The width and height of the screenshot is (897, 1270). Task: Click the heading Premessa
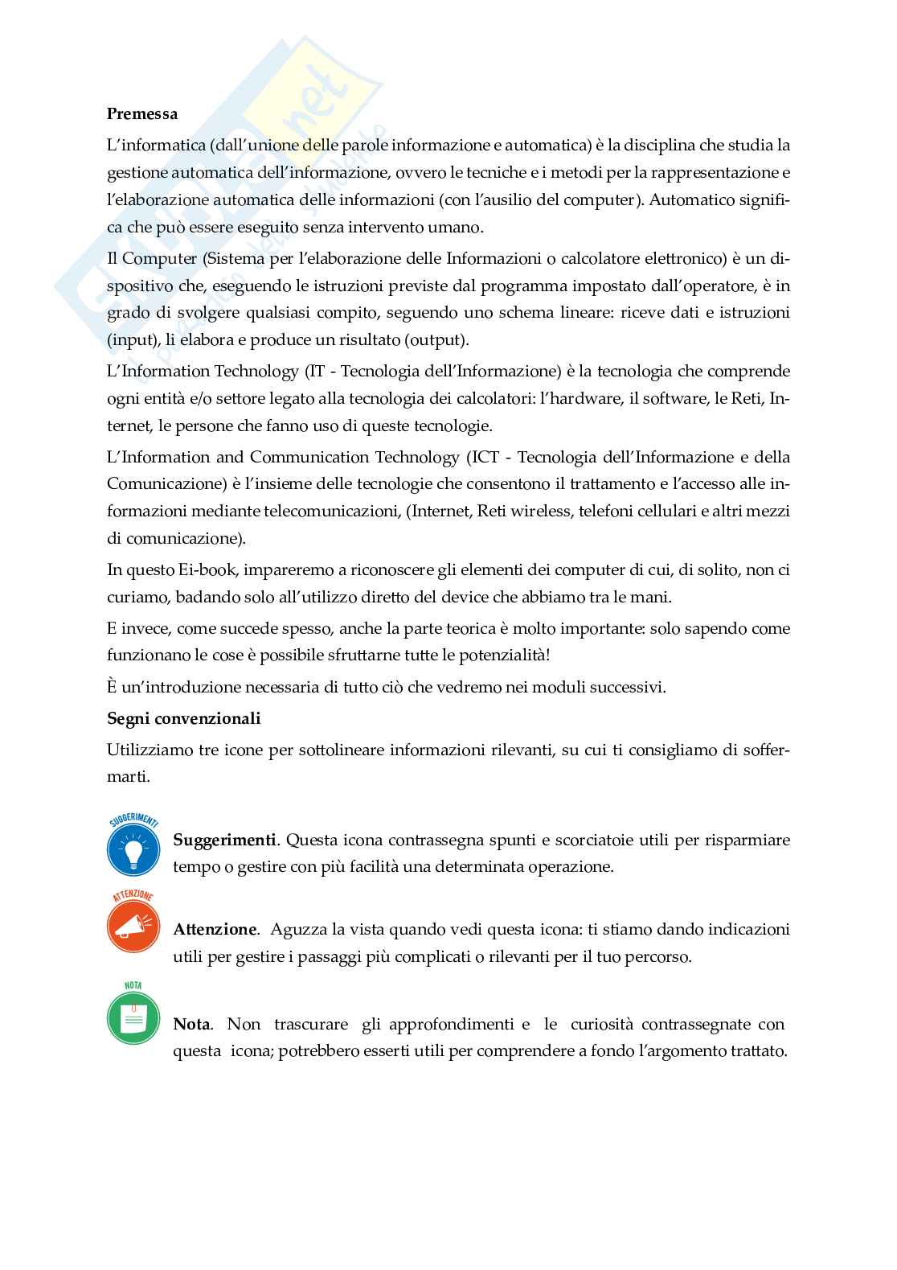(142, 113)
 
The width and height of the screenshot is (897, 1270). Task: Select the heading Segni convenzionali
(183, 718)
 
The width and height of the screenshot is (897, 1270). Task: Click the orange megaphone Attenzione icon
(133, 927)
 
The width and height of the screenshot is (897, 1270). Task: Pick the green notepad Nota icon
(133, 1017)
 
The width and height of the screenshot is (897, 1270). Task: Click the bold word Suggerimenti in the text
(224, 840)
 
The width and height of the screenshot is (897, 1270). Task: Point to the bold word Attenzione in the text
(215, 929)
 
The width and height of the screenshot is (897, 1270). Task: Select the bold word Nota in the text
(191, 1024)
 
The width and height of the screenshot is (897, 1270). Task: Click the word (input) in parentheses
(131, 339)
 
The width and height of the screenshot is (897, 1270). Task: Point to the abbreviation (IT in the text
(313, 371)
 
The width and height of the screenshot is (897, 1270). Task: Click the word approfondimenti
(452, 1024)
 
